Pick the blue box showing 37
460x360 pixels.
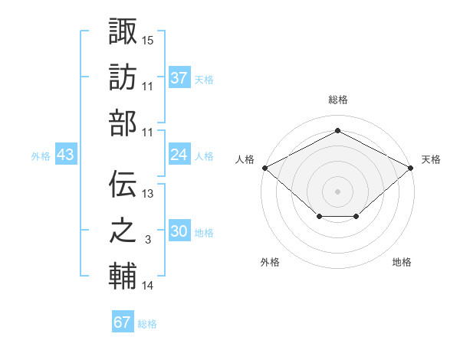tap(179, 77)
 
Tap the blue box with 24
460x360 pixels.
tap(179, 155)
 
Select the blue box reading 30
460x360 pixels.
tap(179, 231)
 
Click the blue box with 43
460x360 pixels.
tap(66, 155)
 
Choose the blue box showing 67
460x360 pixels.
tap(123, 322)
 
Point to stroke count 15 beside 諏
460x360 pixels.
tap(148, 39)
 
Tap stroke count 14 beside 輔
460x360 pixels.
tap(148, 286)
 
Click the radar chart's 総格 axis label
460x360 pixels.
tap(337, 100)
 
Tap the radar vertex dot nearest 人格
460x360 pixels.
tap(264, 168)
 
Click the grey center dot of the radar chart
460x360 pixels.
tap(337, 191)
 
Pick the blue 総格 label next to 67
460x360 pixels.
tap(147, 324)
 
